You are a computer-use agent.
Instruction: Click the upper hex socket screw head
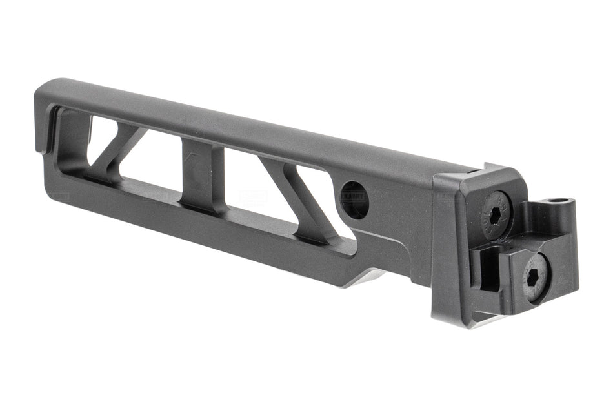pyautogui.click(x=496, y=216)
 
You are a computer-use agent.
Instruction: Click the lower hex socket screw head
pyautogui.click(x=535, y=277)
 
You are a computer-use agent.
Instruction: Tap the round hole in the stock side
pyautogui.click(x=354, y=199)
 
